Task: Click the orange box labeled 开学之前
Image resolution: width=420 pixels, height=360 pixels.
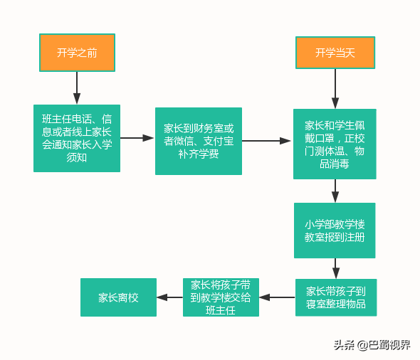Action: click(77, 52)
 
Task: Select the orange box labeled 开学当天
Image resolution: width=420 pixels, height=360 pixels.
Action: click(335, 53)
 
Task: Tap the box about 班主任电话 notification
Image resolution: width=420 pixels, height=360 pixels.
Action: click(76, 139)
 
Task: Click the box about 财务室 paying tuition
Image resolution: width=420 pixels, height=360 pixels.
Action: click(198, 141)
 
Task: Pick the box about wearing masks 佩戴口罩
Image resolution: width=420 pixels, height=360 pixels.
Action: click(335, 144)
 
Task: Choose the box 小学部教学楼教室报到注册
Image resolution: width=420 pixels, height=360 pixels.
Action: click(335, 231)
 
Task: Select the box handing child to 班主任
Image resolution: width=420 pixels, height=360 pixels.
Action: click(221, 297)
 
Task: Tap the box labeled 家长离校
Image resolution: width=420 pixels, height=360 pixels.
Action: click(109, 297)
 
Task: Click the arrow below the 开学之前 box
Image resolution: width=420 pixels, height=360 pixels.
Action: click(77, 88)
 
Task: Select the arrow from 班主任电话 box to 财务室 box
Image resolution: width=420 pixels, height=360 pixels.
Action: click(137, 139)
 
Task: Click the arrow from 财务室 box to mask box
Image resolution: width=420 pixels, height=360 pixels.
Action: click(267, 141)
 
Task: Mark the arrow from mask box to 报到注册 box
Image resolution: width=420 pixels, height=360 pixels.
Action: click(335, 191)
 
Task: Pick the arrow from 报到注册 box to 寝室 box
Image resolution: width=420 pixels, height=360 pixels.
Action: click(335, 268)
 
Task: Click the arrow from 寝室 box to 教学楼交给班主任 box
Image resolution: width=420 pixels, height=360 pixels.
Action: click(277, 297)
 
